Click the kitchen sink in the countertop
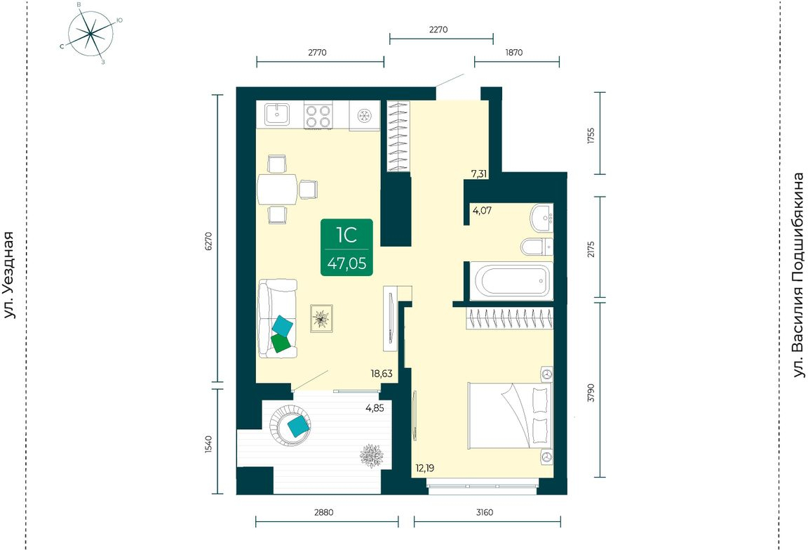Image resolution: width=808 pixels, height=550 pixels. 277,114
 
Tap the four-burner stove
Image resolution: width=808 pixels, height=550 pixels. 318,116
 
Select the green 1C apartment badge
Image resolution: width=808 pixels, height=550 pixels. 346,247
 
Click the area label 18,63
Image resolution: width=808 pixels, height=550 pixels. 382,374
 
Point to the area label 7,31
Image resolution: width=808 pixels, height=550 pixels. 479,174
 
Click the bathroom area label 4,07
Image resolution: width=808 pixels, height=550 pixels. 482,211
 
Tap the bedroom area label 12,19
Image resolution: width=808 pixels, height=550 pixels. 425,469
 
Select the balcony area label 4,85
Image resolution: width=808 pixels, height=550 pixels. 375,408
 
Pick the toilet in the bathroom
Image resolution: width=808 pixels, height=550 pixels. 537,247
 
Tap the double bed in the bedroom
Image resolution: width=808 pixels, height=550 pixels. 510,416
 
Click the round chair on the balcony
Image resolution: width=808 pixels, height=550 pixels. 290,425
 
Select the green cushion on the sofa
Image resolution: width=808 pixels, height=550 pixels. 281,343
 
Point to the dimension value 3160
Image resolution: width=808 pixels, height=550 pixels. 485,512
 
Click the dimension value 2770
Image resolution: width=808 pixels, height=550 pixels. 318,52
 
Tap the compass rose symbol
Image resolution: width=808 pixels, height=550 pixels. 90,34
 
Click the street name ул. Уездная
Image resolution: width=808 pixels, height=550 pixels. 9,275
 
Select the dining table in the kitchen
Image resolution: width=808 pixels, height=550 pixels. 277,190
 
